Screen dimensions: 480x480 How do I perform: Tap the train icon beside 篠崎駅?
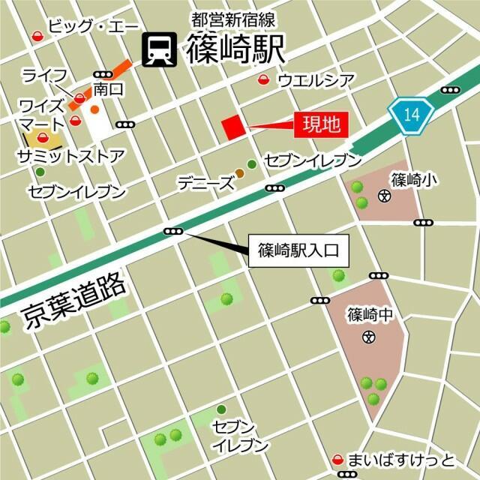160,49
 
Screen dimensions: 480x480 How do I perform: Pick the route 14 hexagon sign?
412,115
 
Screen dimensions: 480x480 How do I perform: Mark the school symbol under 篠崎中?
368,337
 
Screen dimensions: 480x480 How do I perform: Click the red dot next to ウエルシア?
262,79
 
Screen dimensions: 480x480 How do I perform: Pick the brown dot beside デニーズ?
239,174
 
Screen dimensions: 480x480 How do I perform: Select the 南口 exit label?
108,90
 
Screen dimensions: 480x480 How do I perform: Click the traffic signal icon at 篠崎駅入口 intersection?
173,232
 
